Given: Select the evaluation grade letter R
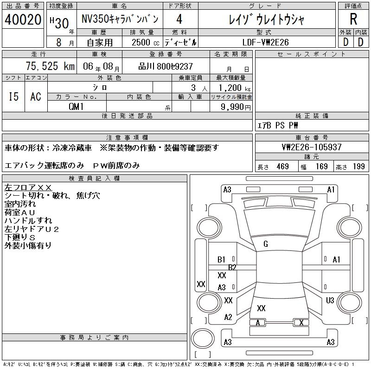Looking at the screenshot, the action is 353,19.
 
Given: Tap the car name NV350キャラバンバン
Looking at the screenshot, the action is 120,19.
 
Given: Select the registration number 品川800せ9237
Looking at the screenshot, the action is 166,66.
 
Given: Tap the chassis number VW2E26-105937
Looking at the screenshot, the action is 312,147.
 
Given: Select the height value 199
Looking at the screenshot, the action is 358,166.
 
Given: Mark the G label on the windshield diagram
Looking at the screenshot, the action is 266,244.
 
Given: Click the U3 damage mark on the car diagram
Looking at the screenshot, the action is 330,301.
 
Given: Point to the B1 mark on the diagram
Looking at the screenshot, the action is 222,260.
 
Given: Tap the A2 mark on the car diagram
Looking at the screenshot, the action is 228,317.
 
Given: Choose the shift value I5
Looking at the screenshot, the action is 14,96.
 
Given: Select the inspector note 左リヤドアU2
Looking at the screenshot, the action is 32,229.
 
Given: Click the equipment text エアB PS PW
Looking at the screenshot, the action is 278,125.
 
